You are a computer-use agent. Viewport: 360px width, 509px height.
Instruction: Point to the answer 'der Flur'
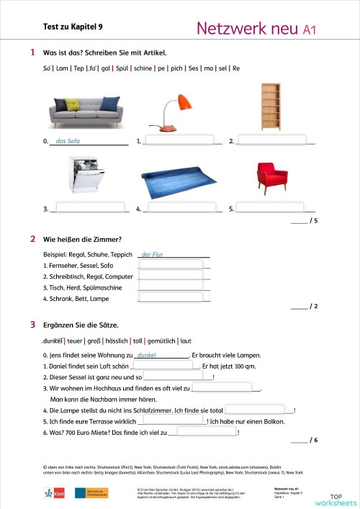[x=153, y=254]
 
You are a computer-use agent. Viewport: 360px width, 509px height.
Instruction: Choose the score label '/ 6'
[x=313, y=440]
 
